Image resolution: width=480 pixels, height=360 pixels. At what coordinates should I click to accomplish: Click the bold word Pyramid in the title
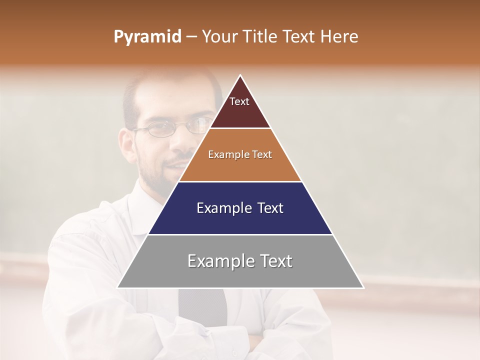point(147,37)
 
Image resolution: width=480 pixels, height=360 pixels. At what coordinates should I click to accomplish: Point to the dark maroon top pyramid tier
point(240,112)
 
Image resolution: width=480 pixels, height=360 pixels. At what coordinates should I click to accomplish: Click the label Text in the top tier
point(239,101)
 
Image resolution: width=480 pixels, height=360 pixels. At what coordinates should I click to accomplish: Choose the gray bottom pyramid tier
point(240,275)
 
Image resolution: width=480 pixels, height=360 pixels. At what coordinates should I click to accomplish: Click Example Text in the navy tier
point(240,208)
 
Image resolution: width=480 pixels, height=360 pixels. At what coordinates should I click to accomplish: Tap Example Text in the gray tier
point(240,261)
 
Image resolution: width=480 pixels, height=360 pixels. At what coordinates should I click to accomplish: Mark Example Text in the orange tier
point(240,154)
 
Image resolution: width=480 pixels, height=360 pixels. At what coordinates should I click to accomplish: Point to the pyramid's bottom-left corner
point(118,287)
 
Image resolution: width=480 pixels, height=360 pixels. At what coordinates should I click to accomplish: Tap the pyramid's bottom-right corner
point(363,287)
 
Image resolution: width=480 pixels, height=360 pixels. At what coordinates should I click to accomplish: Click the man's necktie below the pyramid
point(202,305)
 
